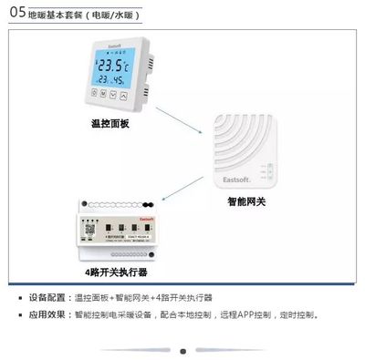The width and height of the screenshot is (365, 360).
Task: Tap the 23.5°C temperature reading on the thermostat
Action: click(x=115, y=66)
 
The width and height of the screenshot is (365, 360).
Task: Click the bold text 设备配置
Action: click(x=47, y=297)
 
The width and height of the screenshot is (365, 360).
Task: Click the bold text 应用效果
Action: click(x=47, y=314)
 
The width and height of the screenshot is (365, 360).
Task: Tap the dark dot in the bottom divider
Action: click(x=182, y=350)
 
